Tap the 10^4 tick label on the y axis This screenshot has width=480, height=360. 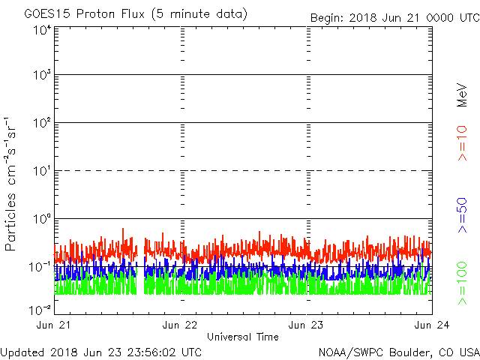(x=41, y=31)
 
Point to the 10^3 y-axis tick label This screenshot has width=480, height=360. (x=41, y=76)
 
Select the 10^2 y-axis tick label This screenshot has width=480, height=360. (x=41, y=124)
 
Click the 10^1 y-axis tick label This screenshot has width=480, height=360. (x=41, y=172)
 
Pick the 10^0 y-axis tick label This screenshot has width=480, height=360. (x=41, y=220)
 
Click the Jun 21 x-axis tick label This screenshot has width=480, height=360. (x=54, y=325)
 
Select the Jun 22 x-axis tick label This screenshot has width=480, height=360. (x=180, y=325)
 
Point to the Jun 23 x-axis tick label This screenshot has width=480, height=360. (x=307, y=325)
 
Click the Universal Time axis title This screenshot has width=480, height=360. (x=242, y=337)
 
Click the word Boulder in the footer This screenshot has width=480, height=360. (x=409, y=352)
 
